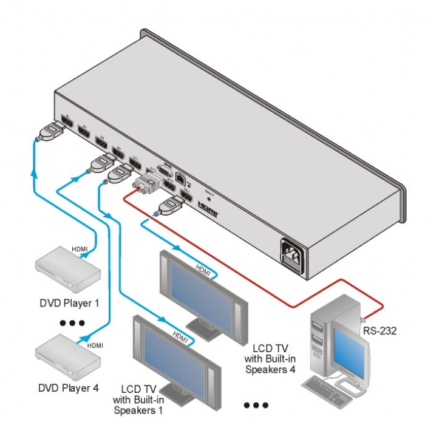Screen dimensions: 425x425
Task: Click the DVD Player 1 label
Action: coord(68,302)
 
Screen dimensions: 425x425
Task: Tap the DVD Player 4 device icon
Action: coord(67,359)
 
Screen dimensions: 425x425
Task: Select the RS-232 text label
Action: coord(379,331)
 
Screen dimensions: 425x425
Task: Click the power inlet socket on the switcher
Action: coord(293,254)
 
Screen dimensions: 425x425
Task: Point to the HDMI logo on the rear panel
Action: coord(210,210)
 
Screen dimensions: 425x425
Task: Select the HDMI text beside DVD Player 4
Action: coord(95,345)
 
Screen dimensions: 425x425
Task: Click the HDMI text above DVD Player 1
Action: coord(80,249)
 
